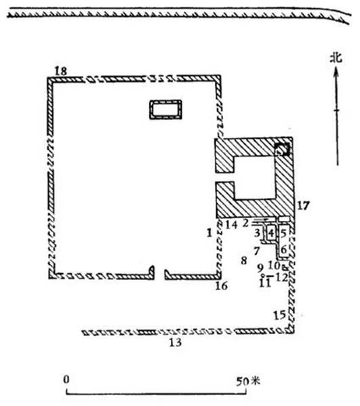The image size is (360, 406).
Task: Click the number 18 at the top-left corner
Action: pos(61,71)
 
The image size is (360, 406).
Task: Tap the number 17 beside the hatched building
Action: pos(303,205)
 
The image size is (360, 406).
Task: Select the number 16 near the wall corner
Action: pos(222,285)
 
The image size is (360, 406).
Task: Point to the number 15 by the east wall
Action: pos(280,315)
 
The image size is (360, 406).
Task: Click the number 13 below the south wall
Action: pos(176,342)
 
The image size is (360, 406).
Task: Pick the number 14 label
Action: pos(231,224)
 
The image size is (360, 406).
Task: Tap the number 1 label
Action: pos(209,233)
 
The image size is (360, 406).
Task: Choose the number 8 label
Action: pos(243,260)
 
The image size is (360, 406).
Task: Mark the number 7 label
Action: pos(257,251)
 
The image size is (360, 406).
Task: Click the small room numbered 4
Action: pos(271,232)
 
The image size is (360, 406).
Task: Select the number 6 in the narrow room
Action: pos(284,250)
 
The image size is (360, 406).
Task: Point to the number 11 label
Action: pos(265,283)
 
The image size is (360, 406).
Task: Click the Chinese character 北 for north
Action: pos(336,58)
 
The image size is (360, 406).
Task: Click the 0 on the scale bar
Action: pos(66,380)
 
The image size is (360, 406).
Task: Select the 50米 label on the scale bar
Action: pos(247,381)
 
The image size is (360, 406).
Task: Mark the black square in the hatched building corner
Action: pos(282,149)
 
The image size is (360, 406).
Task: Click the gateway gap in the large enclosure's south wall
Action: pos(159,274)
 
